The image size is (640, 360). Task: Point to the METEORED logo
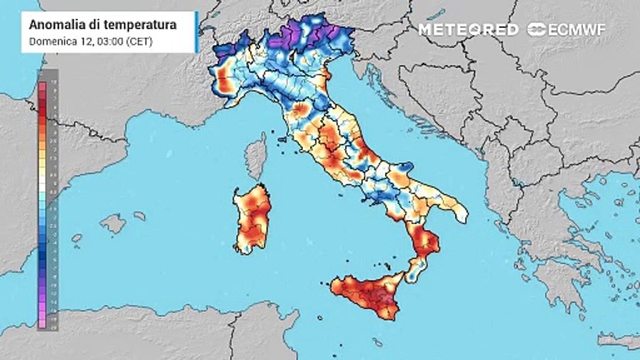tap(468, 29)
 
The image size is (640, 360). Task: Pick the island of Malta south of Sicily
tap(377, 342)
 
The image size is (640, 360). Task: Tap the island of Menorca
tap(139, 216)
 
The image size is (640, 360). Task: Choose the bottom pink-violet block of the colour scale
tap(42, 325)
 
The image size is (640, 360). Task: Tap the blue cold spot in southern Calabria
tap(411, 274)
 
